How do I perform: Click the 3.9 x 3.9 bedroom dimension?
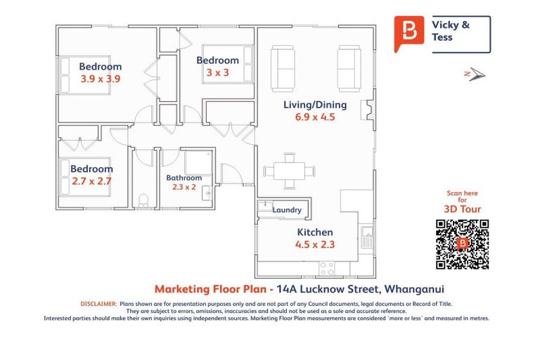[x=101, y=79]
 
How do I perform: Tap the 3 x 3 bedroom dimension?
[x=217, y=73]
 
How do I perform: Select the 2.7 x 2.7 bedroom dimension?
[x=91, y=181]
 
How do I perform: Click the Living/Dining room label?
[x=314, y=105]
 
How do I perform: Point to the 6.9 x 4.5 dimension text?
[x=314, y=117]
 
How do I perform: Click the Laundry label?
[x=287, y=210]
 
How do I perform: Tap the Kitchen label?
[x=314, y=232]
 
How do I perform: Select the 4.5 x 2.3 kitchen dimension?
[x=314, y=245]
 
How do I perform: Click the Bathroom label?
[x=184, y=178]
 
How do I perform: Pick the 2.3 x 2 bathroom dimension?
[x=184, y=187]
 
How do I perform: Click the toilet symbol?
[x=143, y=200]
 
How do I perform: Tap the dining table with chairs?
[x=289, y=172]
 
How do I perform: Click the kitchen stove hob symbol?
[x=327, y=268]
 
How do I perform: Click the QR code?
[x=462, y=244]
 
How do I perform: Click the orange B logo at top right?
[x=409, y=32]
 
